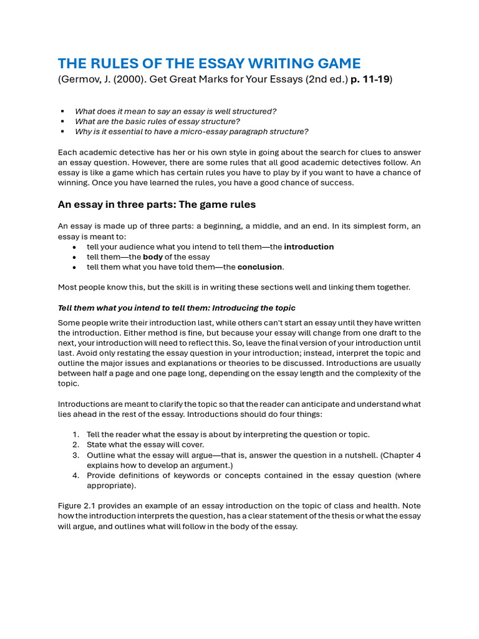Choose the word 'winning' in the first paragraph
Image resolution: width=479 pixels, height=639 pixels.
click(73, 183)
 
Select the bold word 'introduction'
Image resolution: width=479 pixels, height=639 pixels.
click(309, 247)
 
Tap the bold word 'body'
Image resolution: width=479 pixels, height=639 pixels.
click(153, 257)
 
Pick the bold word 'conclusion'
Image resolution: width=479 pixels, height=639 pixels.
click(260, 267)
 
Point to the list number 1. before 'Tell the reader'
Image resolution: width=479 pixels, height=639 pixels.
click(75, 434)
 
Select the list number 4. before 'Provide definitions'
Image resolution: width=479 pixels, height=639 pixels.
click(75, 476)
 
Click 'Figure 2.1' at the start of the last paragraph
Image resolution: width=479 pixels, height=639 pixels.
click(77, 506)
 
